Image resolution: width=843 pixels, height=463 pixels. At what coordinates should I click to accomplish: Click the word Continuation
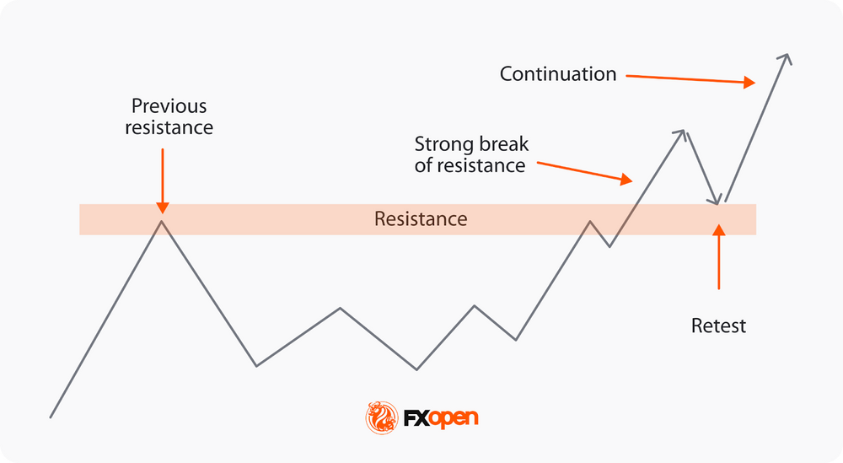tap(558, 74)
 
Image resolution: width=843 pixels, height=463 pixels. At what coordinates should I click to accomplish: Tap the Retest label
tap(718, 326)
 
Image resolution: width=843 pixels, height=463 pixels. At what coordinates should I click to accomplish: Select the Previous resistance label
tap(169, 117)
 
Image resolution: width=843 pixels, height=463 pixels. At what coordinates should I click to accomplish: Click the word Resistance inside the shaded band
tap(421, 219)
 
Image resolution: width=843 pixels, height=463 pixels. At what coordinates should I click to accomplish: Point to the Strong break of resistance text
tap(471, 154)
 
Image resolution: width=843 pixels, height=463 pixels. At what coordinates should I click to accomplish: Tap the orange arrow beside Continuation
tap(690, 79)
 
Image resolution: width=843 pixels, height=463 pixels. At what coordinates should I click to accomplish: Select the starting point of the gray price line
tap(51, 417)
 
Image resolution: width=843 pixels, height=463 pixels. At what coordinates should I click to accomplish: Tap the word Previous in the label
tap(169, 107)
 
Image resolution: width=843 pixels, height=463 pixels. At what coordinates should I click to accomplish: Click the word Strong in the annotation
tap(444, 144)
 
